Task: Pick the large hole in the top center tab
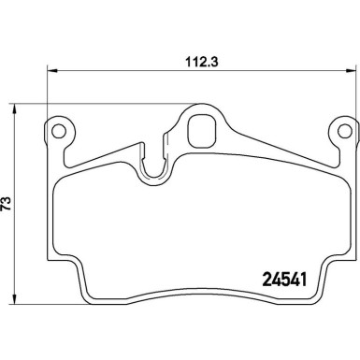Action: point(200,130)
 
